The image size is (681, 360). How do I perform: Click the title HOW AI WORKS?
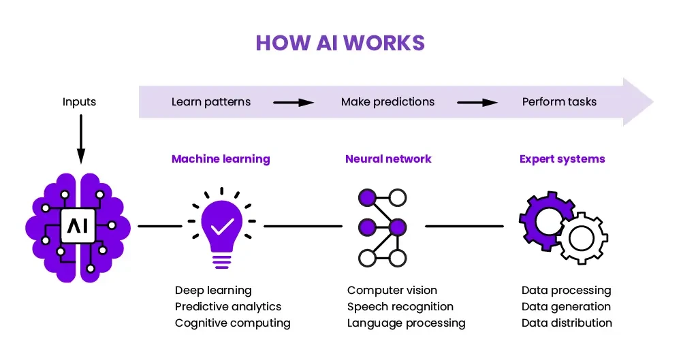340,43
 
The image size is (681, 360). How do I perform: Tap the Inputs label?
79,102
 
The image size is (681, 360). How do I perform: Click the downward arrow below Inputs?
81,139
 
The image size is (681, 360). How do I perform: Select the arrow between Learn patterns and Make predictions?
293,103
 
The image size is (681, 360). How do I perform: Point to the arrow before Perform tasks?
477,103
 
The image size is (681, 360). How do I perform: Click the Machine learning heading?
221,159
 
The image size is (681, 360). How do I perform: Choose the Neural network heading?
388,159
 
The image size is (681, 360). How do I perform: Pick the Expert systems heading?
562,159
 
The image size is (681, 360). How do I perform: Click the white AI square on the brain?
78,226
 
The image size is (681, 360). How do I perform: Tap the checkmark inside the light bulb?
223,226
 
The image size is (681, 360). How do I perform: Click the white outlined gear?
582,238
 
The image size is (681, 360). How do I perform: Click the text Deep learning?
213,291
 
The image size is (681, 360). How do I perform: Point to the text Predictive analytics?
228,307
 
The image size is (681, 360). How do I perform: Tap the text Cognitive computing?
232,323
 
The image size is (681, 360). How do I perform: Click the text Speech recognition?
400,307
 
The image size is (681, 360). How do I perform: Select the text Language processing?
406,323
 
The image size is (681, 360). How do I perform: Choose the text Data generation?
566,307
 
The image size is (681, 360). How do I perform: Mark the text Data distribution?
567,323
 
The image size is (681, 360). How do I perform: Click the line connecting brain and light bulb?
160,226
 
